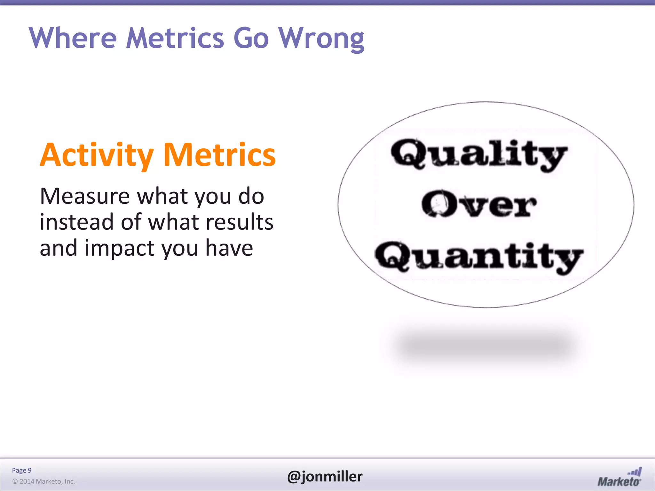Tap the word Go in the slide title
pos(251,38)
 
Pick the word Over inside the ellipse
pos(479,205)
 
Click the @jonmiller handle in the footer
pos(325,476)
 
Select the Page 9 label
pos(22,470)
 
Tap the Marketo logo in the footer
pos(619,481)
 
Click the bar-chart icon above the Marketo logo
pos(635,472)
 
